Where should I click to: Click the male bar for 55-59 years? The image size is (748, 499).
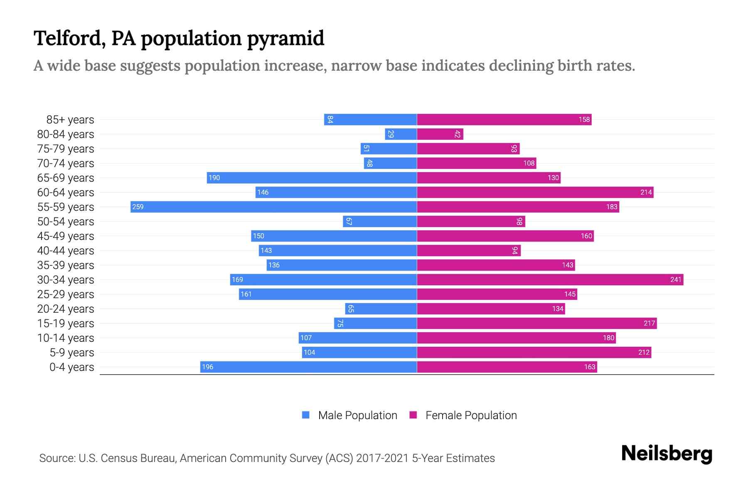(x=273, y=207)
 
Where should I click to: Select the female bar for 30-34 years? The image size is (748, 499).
(x=550, y=279)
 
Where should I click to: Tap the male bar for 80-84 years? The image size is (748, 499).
(x=401, y=134)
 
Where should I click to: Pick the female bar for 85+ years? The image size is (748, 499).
(x=504, y=119)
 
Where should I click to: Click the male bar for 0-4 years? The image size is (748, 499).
(x=308, y=367)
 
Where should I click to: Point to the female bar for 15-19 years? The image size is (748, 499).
(x=536, y=323)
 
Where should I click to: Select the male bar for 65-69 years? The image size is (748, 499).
(x=312, y=178)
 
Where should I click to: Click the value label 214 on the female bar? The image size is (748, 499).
(x=646, y=192)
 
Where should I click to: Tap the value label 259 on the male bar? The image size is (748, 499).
(x=138, y=207)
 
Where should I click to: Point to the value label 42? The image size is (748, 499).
(x=458, y=134)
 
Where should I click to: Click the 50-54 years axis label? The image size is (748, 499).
(x=66, y=222)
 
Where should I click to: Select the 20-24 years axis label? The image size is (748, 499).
(x=66, y=309)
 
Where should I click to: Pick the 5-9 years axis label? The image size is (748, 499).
(x=72, y=353)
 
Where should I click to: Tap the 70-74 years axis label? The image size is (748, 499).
(x=66, y=163)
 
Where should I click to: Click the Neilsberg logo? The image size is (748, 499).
(x=667, y=453)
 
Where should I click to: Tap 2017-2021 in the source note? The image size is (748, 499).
(x=382, y=458)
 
